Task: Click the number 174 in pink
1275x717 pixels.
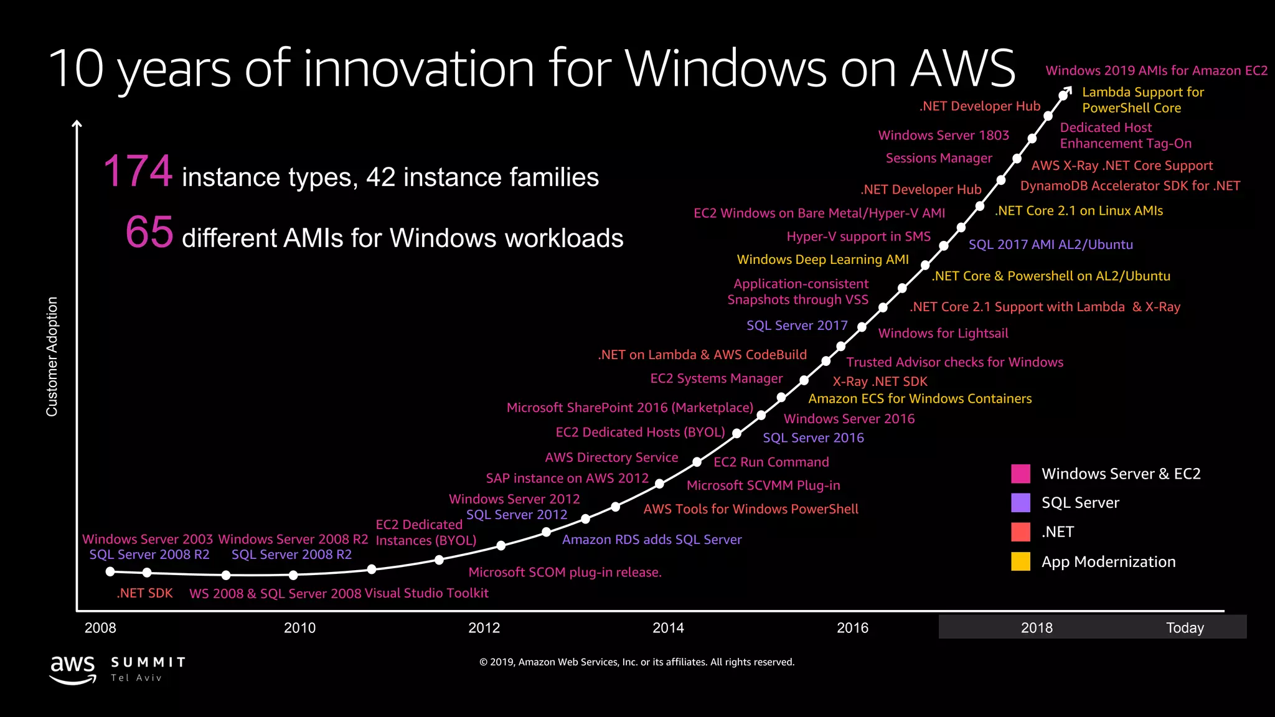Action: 138,171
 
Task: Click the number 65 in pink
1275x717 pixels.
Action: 149,232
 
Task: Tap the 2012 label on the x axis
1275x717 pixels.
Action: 484,627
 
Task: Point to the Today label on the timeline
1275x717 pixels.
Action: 1185,627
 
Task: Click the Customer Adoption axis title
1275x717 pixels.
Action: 52,357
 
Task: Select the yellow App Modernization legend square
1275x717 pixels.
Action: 1020,561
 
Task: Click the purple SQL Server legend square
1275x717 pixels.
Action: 1020,502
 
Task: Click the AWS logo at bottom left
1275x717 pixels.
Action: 73,670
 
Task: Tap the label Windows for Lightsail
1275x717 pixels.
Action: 943,333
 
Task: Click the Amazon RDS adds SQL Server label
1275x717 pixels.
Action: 651,540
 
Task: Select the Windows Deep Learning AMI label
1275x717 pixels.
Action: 822,260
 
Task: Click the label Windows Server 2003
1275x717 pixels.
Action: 147,539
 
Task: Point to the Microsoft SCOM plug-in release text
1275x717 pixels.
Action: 565,572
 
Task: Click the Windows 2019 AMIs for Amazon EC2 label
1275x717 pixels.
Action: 1156,70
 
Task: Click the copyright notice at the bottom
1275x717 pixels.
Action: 637,662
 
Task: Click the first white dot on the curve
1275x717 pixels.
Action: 110,571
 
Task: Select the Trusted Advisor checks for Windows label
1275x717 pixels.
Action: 954,362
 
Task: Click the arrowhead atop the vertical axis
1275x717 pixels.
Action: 77,124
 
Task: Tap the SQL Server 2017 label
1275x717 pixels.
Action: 797,326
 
